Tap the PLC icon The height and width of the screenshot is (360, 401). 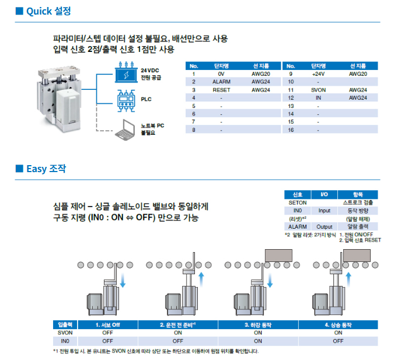[x=126, y=101]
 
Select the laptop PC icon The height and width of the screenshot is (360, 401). [x=125, y=130]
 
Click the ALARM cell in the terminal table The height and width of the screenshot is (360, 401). [x=221, y=82]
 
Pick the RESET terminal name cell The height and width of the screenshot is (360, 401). [x=221, y=90]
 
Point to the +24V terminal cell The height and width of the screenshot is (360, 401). [x=318, y=74]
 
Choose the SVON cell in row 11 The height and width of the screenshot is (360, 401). [x=318, y=90]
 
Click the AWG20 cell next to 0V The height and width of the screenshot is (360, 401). [x=260, y=74]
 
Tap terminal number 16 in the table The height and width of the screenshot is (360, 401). [x=291, y=130]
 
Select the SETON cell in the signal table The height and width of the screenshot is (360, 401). [x=298, y=203]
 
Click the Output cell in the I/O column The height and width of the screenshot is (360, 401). [x=325, y=227]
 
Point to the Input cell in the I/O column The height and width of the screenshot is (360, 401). [x=325, y=211]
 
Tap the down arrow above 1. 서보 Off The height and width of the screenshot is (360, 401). [x=123, y=280]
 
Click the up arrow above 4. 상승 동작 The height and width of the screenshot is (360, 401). [x=348, y=279]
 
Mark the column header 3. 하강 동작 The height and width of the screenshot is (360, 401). [x=258, y=325]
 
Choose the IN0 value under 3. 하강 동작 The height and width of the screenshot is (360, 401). [x=258, y=341]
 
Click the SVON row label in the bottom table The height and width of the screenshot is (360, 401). [x=65, y=333]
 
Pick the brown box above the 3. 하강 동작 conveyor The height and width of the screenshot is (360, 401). [x=278, y=256]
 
